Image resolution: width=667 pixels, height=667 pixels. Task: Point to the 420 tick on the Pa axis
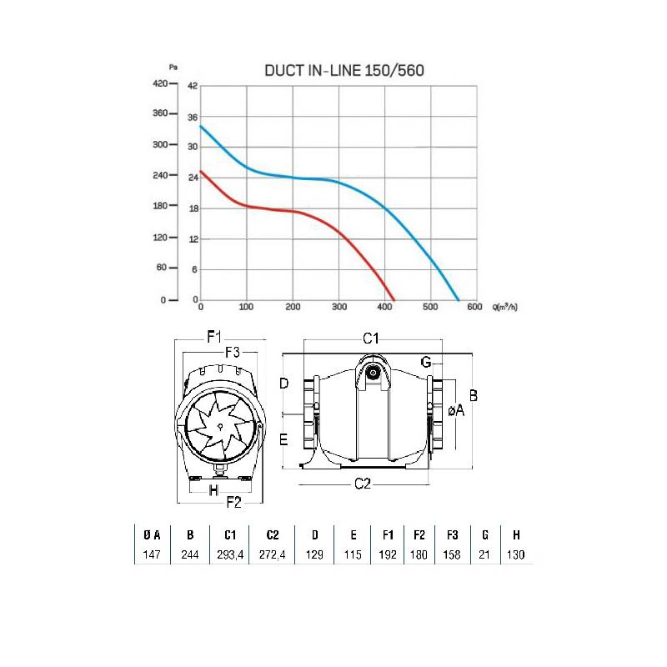(158, 83)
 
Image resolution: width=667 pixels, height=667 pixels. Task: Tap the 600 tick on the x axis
(474, 308)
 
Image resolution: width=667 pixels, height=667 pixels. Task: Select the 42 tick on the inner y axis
(193, 86)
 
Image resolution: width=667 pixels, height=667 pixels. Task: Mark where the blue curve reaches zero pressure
(459, 299)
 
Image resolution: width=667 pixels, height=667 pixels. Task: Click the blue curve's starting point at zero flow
(201, 126)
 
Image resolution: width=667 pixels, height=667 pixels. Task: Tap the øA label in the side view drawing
(455, 409)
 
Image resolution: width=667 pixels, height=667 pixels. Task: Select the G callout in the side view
(426, 362)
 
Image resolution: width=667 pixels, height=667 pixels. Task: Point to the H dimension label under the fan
(213, 489)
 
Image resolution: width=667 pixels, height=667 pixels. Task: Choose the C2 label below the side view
(364, 484)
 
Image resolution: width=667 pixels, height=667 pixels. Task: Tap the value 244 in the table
(190, 555)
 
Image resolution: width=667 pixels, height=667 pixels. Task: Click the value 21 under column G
(485, 555)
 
